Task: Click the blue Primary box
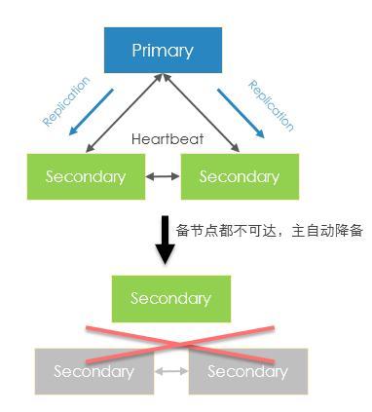(x=163, y=51)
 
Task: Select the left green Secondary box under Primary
(x=85, y=176)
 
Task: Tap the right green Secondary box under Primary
(x=239, y=176)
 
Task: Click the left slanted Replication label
(x=66, y=101)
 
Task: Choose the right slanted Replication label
(x=271, y=105)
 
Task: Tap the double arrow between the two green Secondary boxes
(x=162, y=176)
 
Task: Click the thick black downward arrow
(x=165, y=241)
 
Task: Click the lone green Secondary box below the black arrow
(x=171, y=298)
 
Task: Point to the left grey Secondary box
(x=93, y=371)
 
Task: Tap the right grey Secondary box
(x=247, y=371)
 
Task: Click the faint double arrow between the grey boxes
(x=171, y=371)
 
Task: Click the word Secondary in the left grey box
(x=93, y=371)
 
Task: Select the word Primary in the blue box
(x=163, y=51)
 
